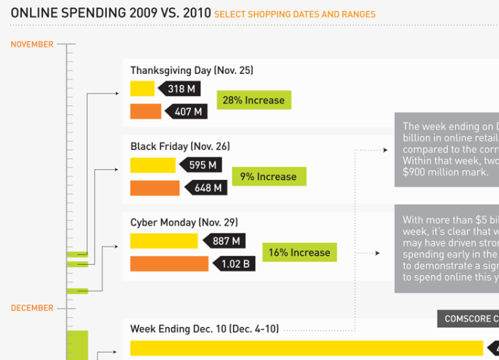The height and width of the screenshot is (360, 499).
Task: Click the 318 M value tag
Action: pos(179,89)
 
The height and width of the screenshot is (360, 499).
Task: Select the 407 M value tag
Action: pos(187,111)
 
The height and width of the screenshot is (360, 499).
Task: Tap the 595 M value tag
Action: pos(201,165)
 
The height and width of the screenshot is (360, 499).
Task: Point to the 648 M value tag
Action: pos(206,188)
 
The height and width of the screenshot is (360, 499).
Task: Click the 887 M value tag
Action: pos(224,241)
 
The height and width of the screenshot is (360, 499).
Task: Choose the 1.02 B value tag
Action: pos(233,263)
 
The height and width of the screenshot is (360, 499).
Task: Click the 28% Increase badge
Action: pos(254,100)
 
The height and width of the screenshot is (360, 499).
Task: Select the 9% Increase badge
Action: pos(269,176)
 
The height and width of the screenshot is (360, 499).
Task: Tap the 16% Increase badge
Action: pos(299,252)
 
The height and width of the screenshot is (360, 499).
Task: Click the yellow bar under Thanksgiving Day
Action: pos(142,89)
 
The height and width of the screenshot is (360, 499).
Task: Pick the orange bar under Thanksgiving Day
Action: pos(146,111)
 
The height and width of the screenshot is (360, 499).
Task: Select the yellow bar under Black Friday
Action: pos(153,165)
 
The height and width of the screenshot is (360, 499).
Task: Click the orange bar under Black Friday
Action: pos(154,188)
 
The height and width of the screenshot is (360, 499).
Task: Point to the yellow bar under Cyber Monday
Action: pos(164,241)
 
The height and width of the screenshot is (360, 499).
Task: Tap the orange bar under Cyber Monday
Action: pos(169,263)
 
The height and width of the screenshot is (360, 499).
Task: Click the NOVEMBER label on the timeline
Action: pos(32,45)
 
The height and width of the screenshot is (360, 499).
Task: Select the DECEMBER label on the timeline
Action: pos(32,308)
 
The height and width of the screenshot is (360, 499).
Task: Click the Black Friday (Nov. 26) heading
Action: pos(180,146)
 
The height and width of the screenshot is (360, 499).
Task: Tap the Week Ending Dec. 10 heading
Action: pos(204,329)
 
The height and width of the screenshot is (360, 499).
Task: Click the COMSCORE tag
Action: pos(468,319)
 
